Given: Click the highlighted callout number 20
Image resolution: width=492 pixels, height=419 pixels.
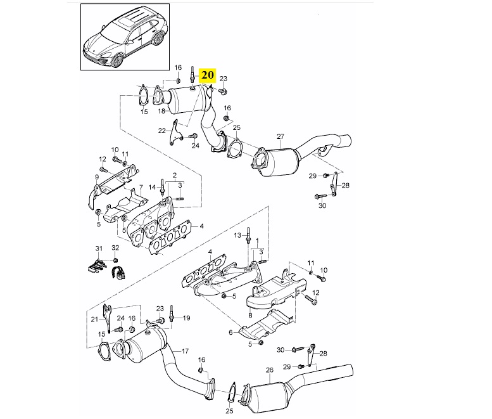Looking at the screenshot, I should [x=208, y=75].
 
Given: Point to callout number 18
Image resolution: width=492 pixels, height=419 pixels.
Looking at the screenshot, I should [x=162, y=111].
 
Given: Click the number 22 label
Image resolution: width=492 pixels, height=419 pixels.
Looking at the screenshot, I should [x=162, y=131].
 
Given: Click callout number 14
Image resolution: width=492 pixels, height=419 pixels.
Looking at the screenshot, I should [x=152, y=187].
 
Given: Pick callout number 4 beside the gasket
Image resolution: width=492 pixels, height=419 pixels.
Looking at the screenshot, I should [x=201, y=226].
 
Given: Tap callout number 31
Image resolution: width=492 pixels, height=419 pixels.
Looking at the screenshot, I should [x=98, y=247].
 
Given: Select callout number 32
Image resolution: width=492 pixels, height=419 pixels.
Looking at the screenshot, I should [x=115, y=247].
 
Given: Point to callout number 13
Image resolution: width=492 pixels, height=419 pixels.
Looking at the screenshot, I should [x=238, y=235].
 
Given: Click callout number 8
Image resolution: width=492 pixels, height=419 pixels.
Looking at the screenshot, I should [x=250, y=314].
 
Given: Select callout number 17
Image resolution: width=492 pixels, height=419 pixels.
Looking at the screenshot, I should [x=186, y=351].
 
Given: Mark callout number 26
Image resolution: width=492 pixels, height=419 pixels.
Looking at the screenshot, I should [x=269, y=370].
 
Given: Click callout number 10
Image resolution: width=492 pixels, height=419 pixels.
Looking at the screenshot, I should [x=115, y=150].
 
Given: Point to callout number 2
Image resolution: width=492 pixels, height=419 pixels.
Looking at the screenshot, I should [x=174, y=174].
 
